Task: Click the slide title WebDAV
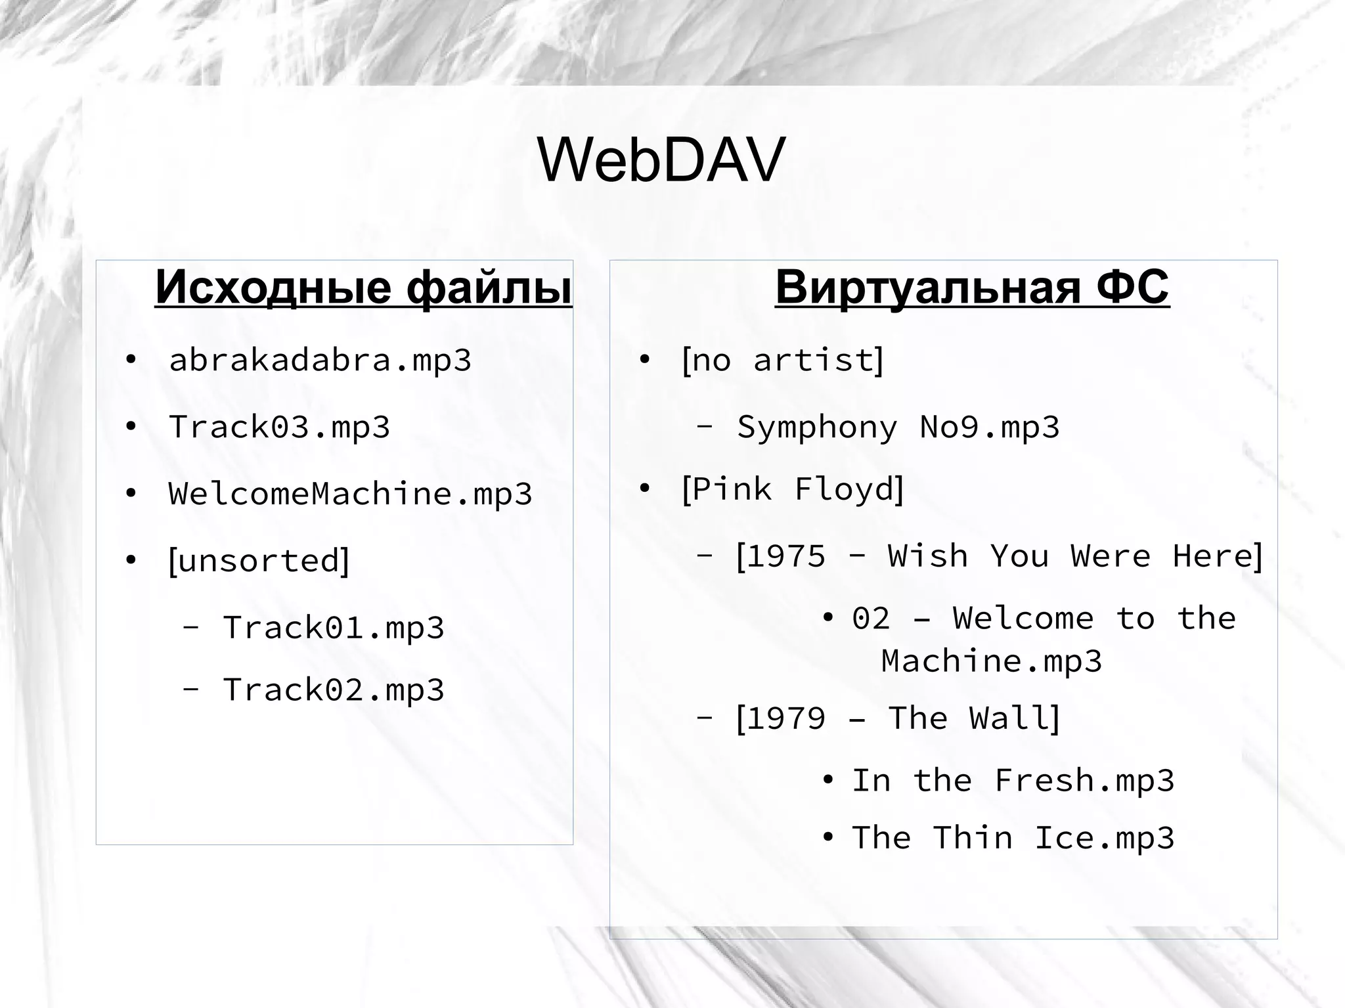[661, 160]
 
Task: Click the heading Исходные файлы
[363, 287]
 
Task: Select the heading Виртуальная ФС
[972, 287]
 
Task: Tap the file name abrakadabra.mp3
[320, 360]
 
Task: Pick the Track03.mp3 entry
[279, 427]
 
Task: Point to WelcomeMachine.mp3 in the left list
[350, 494]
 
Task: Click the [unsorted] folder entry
[259, 561]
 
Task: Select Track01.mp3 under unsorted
[334, 628]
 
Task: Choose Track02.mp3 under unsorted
[334, 690]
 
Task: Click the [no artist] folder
[783, 360]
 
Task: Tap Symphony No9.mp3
[898, 427]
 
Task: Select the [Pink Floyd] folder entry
[793, 489]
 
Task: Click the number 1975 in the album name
[786, 556]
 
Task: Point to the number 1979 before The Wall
[786, 718]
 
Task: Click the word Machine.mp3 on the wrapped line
[991, 661]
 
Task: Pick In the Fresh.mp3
[1013, 781]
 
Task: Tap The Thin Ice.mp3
[1013, 838]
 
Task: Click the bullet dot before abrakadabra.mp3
[131, 361]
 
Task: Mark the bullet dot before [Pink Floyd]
[644, 489]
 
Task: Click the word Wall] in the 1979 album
[1015, 718]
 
